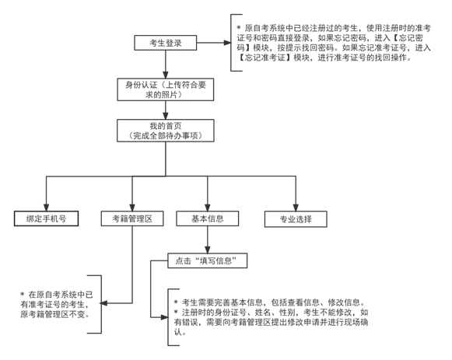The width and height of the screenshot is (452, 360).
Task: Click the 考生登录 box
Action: coord(165,44)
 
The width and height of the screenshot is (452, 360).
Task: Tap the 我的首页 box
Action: coord(165,130)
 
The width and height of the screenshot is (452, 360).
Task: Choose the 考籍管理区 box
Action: coord(132,218)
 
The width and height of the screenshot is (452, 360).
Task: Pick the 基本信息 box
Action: coord(207,218)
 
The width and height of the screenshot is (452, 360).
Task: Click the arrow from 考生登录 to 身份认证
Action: coord(165,65)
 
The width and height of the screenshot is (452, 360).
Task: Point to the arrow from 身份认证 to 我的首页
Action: coord(165,111)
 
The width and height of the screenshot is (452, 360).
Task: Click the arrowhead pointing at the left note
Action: coord(108,301)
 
